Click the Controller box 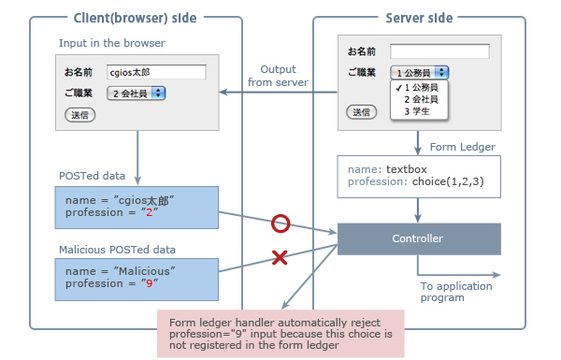tap(418, 238)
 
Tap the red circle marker tap(280, 224)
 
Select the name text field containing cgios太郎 tap(155, 72)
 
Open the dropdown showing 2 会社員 tap(137, 93)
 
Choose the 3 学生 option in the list tap(416, 111)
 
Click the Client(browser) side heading tap(137, 18)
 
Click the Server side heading tap(419, 18)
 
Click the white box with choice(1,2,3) tap(418, 175)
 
